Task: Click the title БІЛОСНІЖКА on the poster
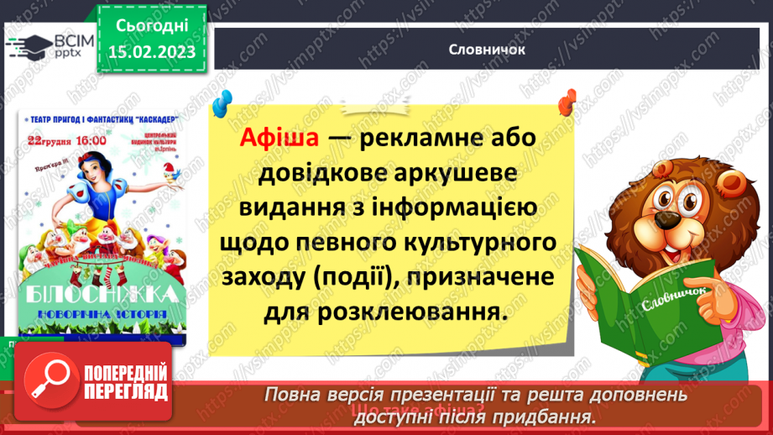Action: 102,294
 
